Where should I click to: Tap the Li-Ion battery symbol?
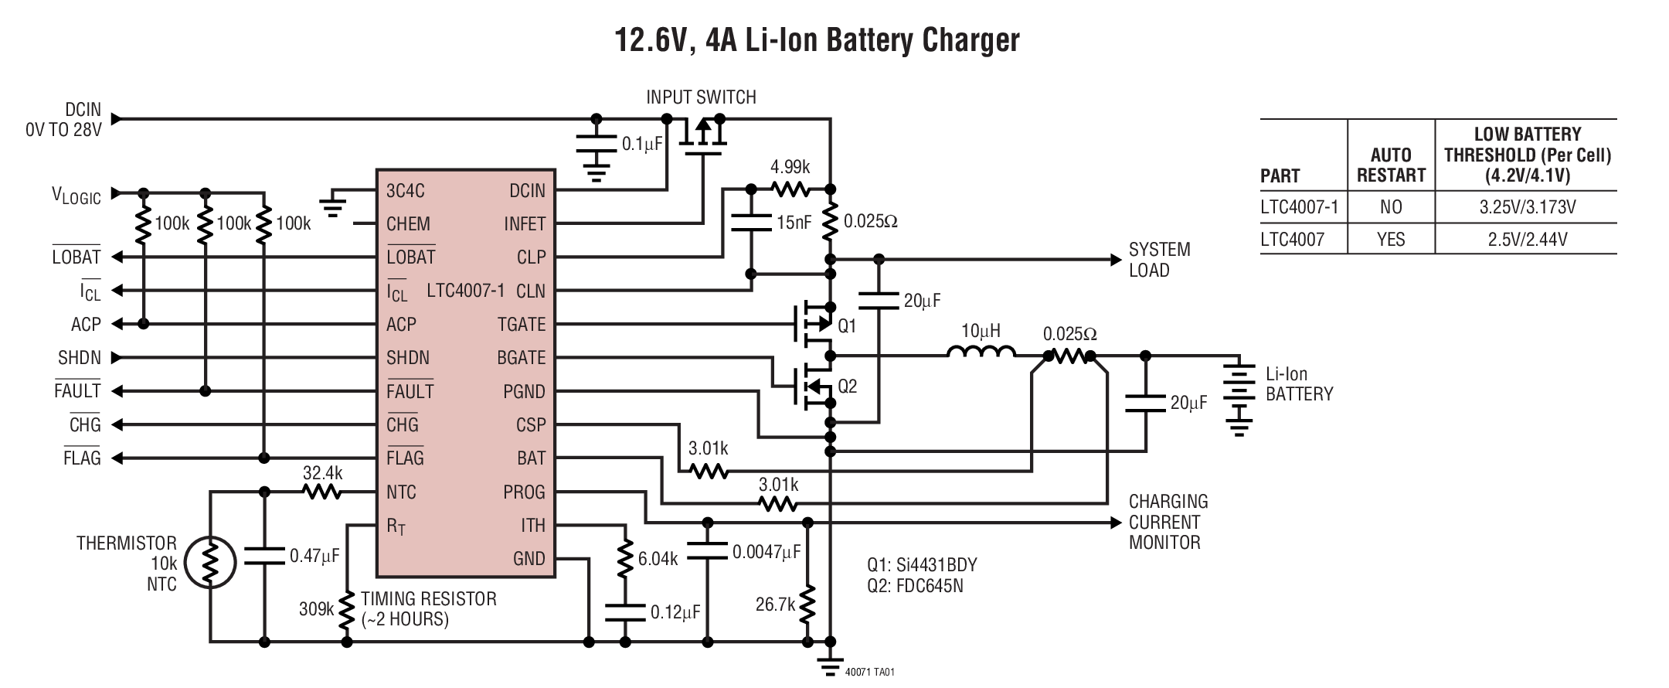[1239, 394]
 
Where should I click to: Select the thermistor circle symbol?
[209, 562]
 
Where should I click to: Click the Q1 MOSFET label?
[847, 326]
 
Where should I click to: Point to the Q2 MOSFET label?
[847, 386]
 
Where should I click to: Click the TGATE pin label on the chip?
[521, 325]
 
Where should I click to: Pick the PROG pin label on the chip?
[523, 492]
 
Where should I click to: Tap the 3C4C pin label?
[406, 191]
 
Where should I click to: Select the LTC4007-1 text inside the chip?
[465, 291]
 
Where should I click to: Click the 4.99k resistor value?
[790, 167]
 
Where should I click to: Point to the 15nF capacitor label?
[794, 223]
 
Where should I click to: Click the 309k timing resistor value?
[316, 609]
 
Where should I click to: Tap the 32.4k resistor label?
[322, 473]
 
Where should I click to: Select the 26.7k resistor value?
[775, 605]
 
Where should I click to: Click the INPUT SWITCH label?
[701, 97]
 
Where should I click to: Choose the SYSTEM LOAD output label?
[1159, 260]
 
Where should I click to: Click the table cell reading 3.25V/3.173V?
[1527, 207]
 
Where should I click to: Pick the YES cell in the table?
[1391, 240]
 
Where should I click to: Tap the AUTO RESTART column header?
[1391, 165]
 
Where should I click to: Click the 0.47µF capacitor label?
[314, 556]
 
